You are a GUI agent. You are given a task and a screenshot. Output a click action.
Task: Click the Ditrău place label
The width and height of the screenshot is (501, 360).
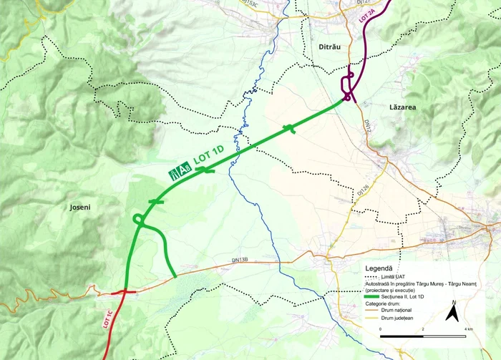pos(330,47)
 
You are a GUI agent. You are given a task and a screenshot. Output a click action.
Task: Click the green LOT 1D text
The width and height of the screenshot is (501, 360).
pos(209,159)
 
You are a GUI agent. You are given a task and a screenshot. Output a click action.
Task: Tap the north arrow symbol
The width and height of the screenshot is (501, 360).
pos(452,313)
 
